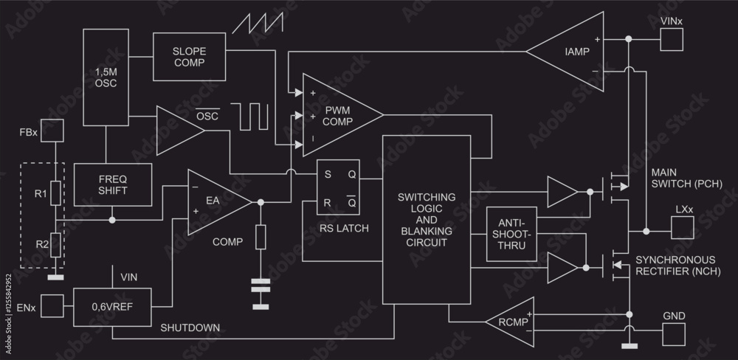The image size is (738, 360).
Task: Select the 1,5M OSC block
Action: click(106, 77)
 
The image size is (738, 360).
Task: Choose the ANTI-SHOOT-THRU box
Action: click(511, 235)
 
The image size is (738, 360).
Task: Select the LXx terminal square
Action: click(683, 230)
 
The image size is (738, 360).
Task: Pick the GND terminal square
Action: click(673, 334)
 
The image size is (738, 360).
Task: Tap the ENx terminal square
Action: click(52, 305)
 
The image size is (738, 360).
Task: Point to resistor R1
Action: click(55, 194)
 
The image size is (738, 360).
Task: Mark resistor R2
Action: click(55, 244)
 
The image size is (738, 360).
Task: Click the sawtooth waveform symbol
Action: click(258, 24)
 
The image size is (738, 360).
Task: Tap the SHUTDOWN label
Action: click(190, 327)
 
